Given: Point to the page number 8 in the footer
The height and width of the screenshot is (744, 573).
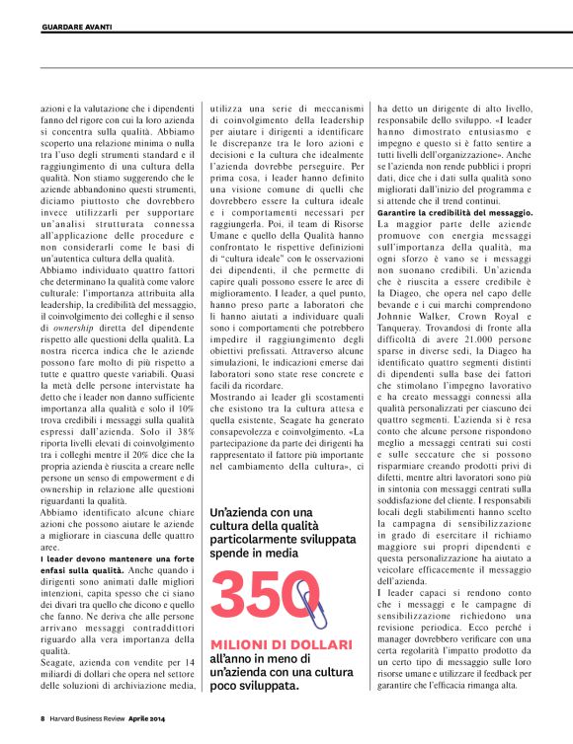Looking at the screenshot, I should [x=42, y=717].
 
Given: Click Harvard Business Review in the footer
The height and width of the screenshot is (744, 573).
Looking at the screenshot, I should [x=87, y=717].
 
